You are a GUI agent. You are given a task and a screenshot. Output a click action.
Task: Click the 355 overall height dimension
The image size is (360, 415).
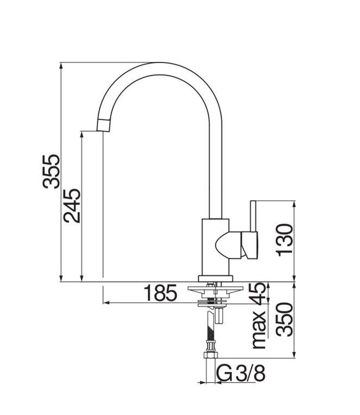[52, 172]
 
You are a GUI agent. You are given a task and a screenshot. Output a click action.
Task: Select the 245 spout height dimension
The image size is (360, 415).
[73, 205]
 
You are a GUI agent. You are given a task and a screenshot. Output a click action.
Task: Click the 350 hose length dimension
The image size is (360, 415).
[285, 319]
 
